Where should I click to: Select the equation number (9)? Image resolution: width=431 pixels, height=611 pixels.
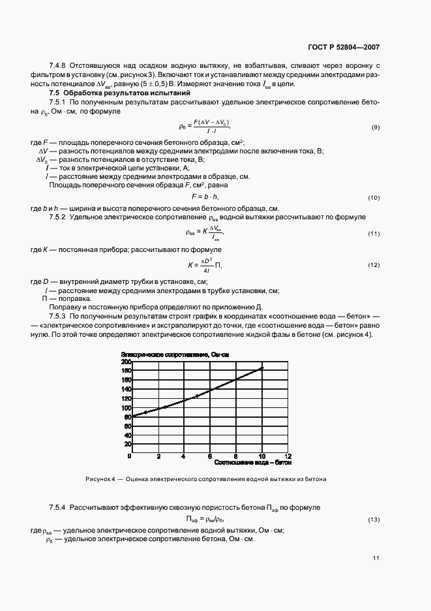pyautogui.click(x=376, y=126)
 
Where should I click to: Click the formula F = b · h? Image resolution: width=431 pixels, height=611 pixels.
pyautogui.click(x=205, y=196)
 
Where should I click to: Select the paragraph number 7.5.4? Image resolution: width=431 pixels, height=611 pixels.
pyautogui.click(x=59, y=507)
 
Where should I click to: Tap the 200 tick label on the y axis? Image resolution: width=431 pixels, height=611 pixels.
pyautogui.click(x=126, y=361)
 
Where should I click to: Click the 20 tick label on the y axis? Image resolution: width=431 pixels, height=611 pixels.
pyautogui.click(x=128, y=444)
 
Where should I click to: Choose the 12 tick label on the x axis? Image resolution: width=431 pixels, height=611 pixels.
pyautogui.click(x=288, y=456)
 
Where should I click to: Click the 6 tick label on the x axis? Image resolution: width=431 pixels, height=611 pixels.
pyautogui.click(x=210, y=456)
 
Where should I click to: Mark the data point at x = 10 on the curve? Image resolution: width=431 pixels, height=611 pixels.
pyautogui.click(x=261, y=368)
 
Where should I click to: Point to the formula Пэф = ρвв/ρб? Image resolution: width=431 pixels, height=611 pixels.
pyautogui.click(x=205, y=520)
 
